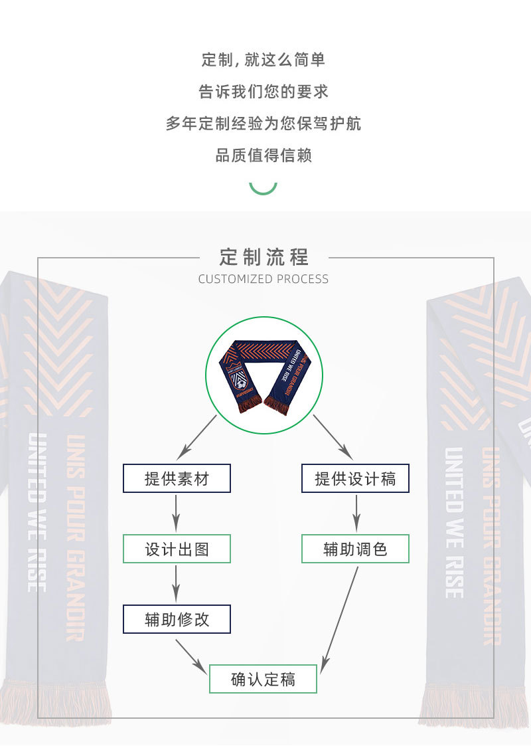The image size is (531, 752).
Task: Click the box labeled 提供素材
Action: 177,478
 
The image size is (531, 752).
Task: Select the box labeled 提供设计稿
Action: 355,478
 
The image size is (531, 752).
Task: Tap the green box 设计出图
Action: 177,549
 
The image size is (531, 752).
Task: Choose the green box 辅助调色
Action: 355,549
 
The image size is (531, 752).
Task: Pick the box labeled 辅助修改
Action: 177,619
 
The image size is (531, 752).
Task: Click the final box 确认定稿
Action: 263,679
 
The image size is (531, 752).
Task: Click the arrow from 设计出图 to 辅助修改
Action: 176,583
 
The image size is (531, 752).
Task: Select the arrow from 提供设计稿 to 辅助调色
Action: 356,513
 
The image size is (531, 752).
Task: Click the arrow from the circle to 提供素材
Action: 196,437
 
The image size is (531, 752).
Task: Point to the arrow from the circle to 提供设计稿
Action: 333,436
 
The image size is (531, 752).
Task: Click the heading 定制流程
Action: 264,257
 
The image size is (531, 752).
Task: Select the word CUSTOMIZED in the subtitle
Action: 236,279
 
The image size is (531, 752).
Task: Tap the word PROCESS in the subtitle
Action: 303,279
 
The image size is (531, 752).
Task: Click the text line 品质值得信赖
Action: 264,155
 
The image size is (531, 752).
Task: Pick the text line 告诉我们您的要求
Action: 264,92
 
